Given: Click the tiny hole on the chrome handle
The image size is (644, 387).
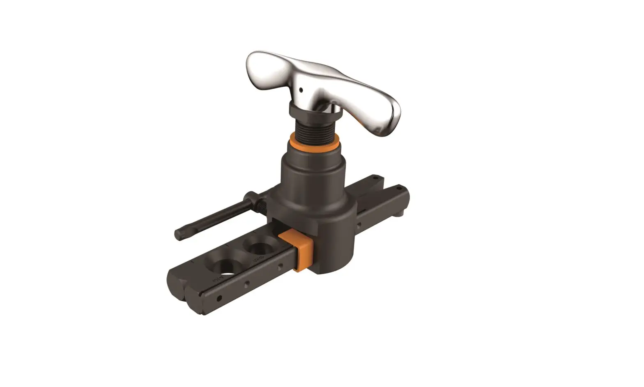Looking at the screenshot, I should tap(301, 89).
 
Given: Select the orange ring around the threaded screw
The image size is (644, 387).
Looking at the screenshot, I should tap(314, 143).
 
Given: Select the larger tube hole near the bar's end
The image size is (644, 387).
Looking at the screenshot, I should tap(225, 268).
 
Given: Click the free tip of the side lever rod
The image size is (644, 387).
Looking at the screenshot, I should tap(179, 235).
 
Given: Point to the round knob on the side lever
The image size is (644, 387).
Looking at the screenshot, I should tap(251, 198).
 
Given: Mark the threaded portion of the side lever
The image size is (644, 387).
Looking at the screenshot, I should tap(261, 204).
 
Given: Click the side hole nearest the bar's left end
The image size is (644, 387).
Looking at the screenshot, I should tap(219, 297).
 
